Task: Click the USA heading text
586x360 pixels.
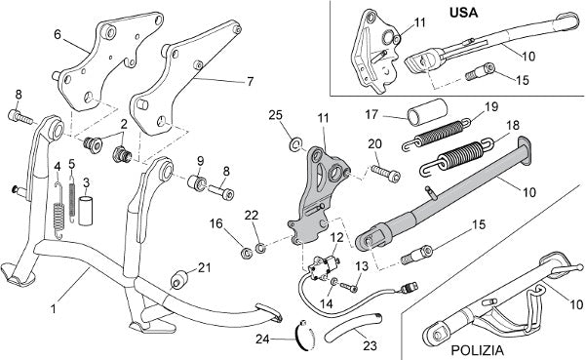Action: pos(463,13)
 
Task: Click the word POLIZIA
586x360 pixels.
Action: pos(477,350)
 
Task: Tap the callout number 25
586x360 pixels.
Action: pos(276,115)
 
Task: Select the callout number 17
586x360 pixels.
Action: pos(371,114)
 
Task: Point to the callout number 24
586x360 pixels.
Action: pos(262,340)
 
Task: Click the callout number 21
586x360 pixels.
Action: pos(205,267)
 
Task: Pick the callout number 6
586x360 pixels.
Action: pos(58,34)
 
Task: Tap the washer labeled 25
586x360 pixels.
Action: pos(295,144)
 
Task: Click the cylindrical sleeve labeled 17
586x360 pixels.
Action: pos(427,111)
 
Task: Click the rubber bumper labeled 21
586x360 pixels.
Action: pos(178,280)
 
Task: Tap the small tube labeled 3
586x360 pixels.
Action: pos(86,211)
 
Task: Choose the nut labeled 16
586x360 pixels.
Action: pos(246,253)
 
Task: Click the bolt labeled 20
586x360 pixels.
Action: pos(386,173)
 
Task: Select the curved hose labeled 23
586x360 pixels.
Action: pos(353,328)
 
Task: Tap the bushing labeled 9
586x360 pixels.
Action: pos(197,183)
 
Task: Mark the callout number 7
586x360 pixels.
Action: pos(250,82)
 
